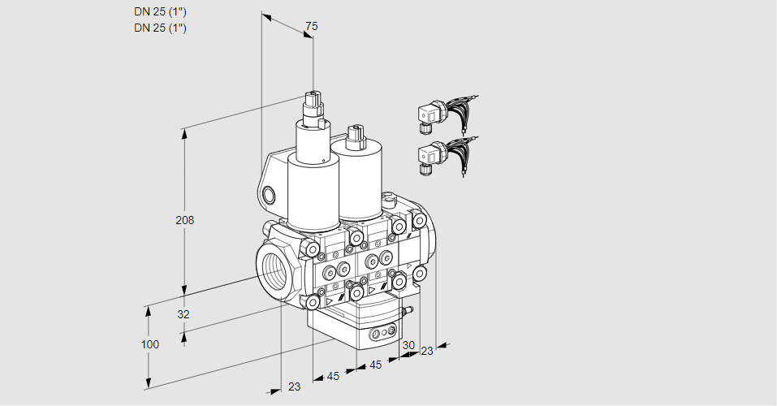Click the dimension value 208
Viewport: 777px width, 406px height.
tap(185, 220)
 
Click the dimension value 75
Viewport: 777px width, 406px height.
tap(311, 26)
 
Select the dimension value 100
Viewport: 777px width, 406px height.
tap(150, 344)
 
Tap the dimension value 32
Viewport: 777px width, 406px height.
tap(183, 314)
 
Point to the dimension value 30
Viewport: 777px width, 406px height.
tap(408, 345)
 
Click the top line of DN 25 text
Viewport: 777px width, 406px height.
tap(160, 12)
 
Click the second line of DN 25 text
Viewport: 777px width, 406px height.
tap(160, 28)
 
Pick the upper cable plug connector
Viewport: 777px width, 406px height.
tap(447, 114)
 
